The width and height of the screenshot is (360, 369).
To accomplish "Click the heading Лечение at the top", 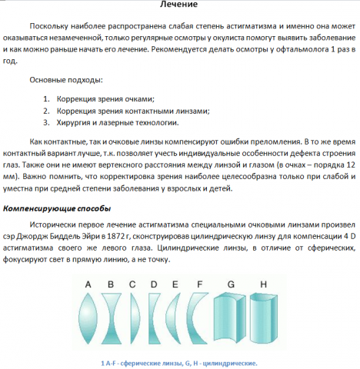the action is pos(178,6).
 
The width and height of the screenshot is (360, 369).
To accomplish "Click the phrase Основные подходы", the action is pos(65,80).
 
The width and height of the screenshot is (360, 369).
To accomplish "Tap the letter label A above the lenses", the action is pos(88,284).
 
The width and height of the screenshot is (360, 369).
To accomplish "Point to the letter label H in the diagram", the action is pos(263,284).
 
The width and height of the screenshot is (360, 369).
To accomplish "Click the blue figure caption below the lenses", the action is pos(178,361).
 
